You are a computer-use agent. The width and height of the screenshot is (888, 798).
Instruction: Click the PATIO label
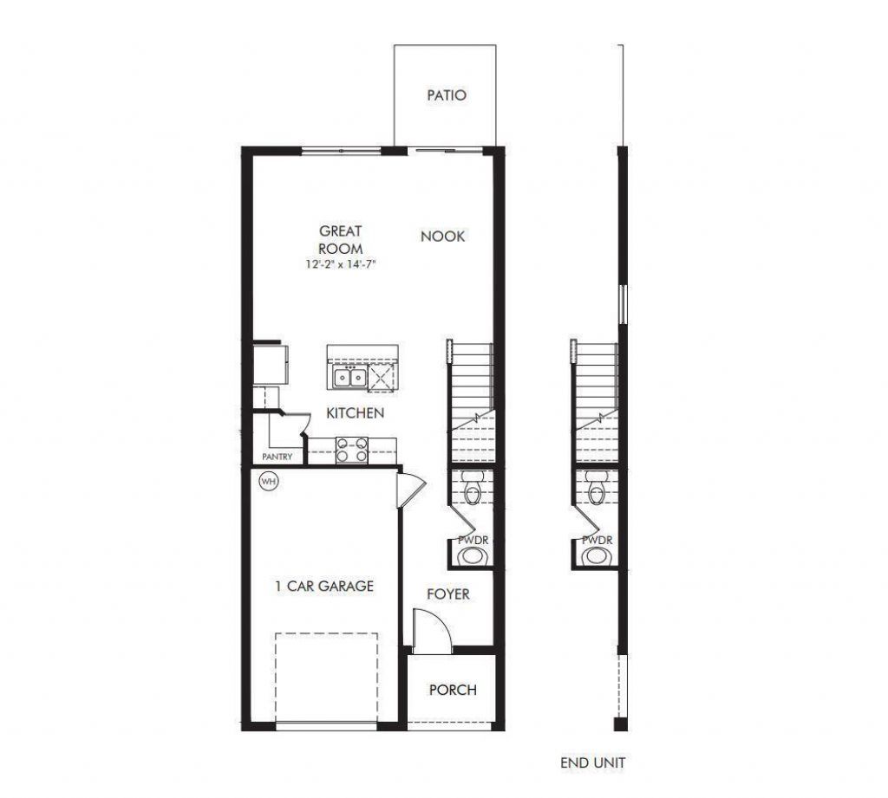coord(447,95)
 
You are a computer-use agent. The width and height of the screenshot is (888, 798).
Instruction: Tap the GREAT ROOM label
coord(341,240)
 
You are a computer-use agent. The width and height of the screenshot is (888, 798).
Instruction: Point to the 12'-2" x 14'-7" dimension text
coord(341,264)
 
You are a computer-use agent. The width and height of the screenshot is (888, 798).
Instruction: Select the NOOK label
coord(443,236)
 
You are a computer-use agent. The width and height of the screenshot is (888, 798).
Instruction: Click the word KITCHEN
coord(355,413)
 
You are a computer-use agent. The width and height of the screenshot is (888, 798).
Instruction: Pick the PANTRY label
coord(277,457)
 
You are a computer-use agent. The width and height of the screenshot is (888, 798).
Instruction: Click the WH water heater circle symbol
coord(268,482)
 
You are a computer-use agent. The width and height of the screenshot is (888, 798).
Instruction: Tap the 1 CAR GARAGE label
coord(324,586)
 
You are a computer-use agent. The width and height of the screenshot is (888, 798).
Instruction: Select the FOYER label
coord(448,594)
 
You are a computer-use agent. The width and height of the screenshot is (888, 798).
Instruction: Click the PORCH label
coord(453,690)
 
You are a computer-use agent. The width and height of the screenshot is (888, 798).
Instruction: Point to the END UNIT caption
coord(593,763)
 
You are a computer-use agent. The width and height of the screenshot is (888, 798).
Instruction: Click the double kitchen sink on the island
coord(350,378)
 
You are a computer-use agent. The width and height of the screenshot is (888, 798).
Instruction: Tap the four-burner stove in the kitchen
coord(351,449)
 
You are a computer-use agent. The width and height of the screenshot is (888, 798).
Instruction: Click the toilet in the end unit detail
coord(597,490)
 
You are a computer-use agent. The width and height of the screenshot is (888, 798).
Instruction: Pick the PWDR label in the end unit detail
coord(597,540)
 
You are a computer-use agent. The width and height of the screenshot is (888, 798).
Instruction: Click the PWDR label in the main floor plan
coord(474,540)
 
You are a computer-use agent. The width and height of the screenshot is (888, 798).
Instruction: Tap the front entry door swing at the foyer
coord(430,630)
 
